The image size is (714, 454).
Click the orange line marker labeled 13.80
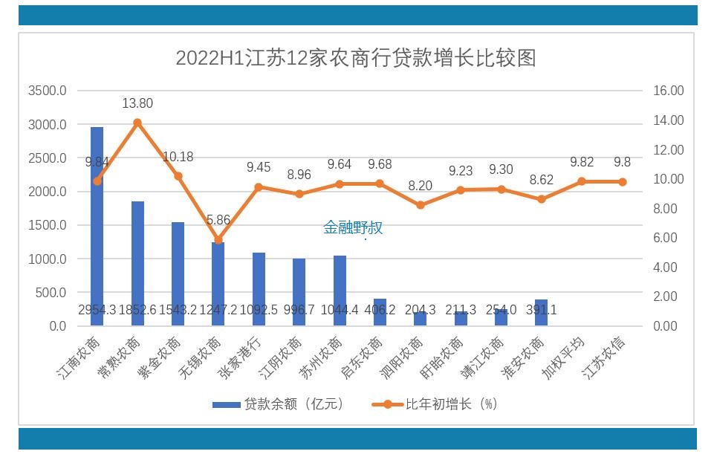[137, 123]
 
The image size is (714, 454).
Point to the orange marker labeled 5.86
[218, 240]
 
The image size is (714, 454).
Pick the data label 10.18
[178, 157]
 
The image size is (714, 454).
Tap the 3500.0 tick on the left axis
[47, 91]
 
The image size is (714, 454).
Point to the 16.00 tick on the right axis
[668, 91]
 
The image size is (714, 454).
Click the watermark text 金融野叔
[353, 227]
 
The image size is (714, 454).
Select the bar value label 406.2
[380, 310]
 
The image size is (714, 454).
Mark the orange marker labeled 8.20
[420, 205]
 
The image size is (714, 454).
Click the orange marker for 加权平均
[582, 181]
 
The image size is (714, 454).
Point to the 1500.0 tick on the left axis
[47, 225]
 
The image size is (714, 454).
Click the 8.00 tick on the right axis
[668, 209]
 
